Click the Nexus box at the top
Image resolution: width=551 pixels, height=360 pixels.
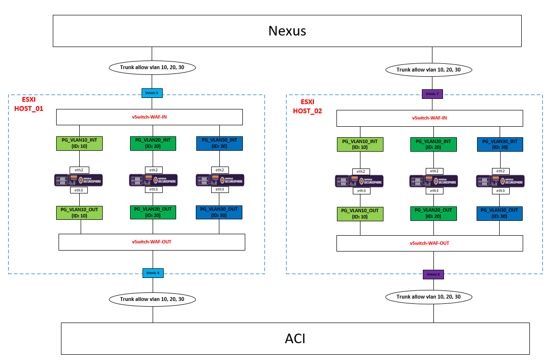(287, 31)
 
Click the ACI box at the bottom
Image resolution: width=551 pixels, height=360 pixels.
(295, 338)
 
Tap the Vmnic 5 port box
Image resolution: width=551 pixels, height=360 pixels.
(152, 93)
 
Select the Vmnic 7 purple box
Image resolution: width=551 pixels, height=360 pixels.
(432, 94)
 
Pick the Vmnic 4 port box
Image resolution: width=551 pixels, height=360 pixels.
(153, 273)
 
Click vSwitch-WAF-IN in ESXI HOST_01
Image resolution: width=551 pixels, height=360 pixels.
(149, 117)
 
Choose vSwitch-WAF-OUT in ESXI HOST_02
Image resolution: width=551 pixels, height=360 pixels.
(430, 243)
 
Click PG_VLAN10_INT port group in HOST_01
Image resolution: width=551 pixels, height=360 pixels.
(79, 143)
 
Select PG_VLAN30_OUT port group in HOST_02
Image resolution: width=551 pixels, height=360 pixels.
(499, 214)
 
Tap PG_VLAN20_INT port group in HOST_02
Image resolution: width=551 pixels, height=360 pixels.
(433, 144)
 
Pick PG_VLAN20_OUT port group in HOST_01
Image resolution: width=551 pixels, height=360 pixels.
(153, 212)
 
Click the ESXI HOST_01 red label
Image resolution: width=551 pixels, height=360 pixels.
(29, 104)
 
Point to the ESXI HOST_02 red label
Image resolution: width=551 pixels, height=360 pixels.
(308, 107)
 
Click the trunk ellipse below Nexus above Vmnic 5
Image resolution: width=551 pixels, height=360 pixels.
(152, 68)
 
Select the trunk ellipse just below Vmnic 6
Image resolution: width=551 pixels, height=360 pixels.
(429, 297)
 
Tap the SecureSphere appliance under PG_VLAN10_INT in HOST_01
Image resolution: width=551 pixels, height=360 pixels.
(78, 180)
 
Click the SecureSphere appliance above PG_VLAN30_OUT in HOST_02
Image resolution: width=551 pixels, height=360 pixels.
(500, 181)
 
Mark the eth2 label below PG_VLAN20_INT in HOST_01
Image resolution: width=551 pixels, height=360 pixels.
(154, 170)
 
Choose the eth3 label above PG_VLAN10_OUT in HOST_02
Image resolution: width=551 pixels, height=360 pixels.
(361, 191)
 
